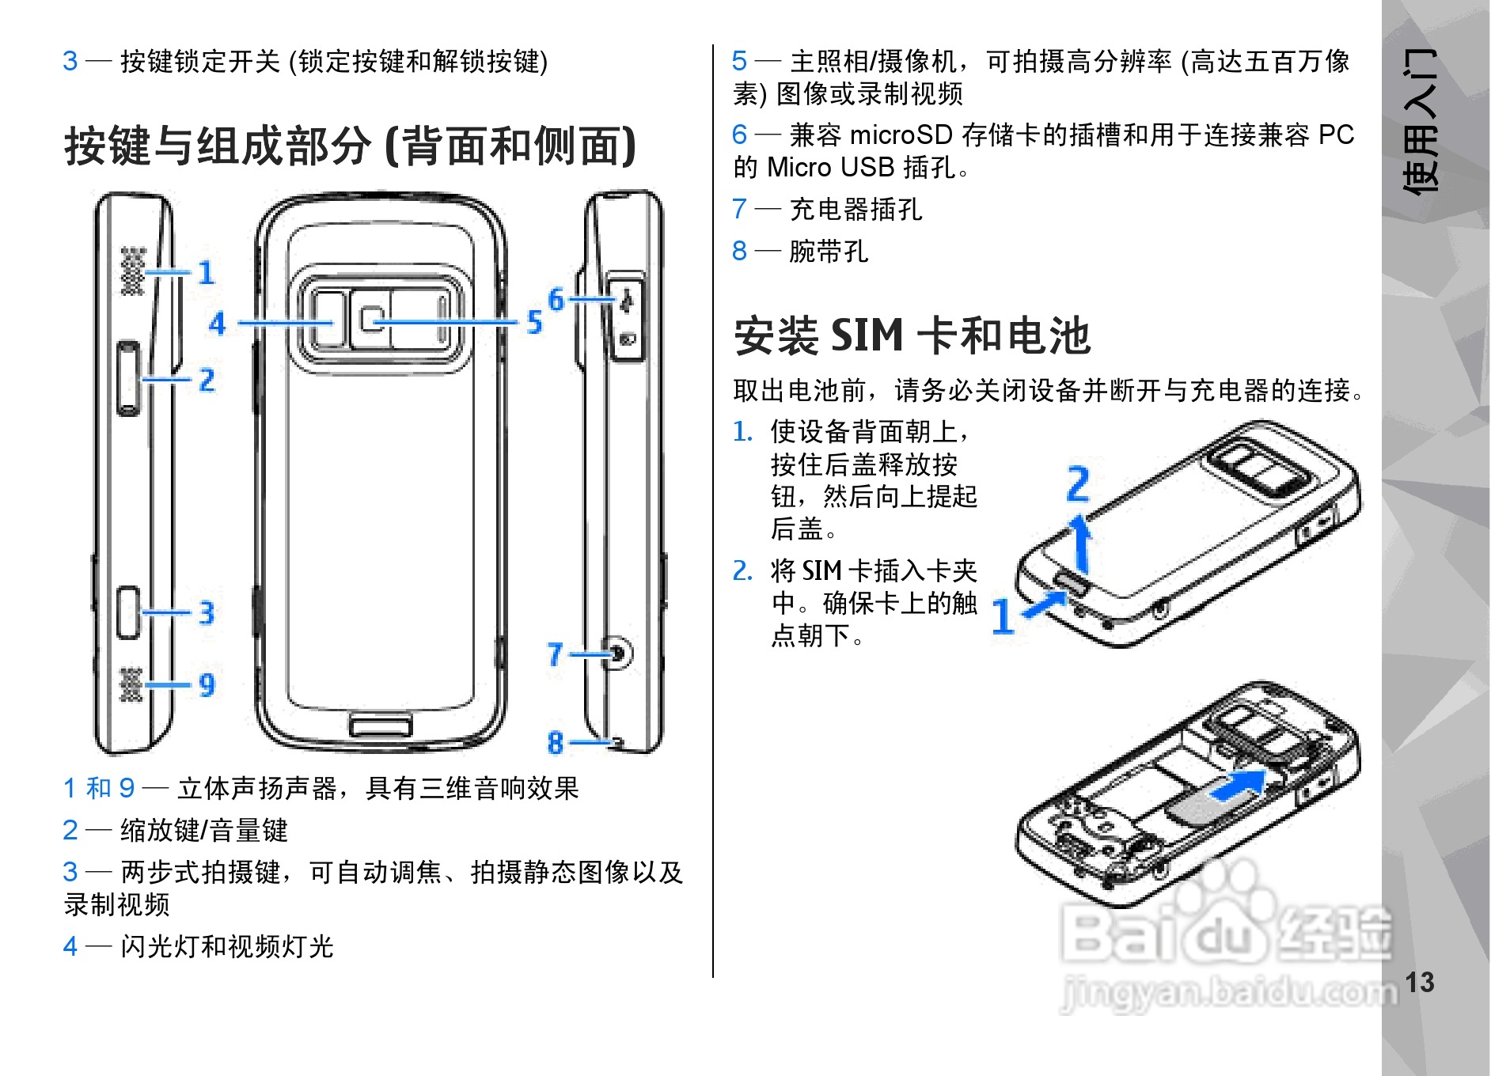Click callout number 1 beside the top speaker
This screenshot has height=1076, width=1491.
click(x=207, y=273)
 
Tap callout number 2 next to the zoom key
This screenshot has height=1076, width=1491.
click(x=207, y=380)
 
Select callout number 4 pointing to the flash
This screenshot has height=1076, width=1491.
click(x=217, y=323)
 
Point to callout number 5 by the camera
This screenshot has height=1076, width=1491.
click(x=535, y=322)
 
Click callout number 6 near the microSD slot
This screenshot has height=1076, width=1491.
click(x=556, y=299)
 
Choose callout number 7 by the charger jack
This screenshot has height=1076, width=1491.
click(x=556, y=654)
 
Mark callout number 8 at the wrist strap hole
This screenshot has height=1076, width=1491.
click(x=556, y=742)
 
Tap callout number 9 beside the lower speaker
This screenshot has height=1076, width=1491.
click(x=207, y=684)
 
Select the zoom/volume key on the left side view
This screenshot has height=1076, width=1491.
click(x=128, y=378)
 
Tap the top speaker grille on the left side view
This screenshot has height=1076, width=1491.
click(x=132, y=271)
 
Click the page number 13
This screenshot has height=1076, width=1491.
click(x=1419, y=983)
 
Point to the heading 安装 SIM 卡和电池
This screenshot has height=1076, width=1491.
click(x=912, y=335)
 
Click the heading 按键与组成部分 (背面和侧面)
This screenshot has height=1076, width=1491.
click(x=350, y=146)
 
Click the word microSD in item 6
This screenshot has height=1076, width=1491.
click(x=901, y=135)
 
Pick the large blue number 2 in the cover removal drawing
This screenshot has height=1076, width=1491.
click(x=1078, y=483)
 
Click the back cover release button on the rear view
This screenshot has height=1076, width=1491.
click(x=381, y=726)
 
